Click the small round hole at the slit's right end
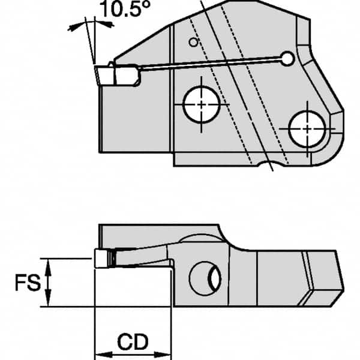[289, 58]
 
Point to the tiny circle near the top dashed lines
[192, 42]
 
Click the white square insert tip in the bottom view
[101, 259]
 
